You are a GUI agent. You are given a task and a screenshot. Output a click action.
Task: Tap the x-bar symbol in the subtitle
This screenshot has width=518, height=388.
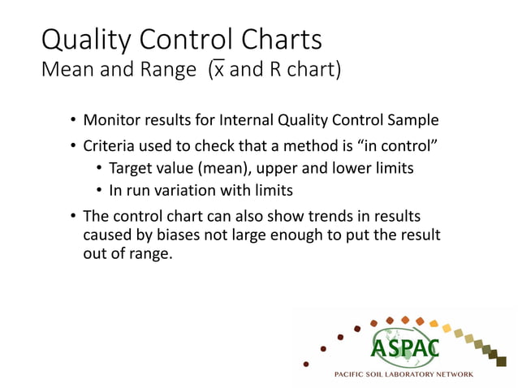(218, 70)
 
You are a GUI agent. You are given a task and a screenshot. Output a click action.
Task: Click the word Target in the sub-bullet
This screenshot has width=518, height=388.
(132, 169)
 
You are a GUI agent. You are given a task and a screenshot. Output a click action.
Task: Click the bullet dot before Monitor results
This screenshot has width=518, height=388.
(72, 122)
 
